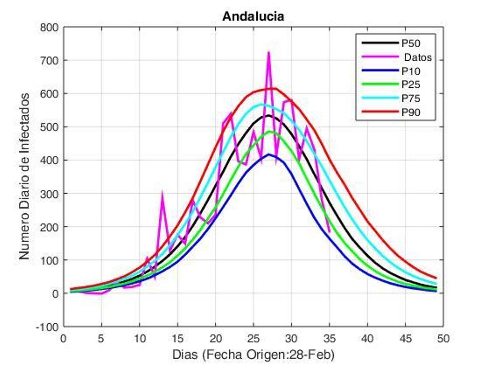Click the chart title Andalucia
[x=253, y=17]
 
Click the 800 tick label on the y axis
[x=50, y=27]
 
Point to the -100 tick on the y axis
[x=48, y=327]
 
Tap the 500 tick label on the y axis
[x=50, y=127]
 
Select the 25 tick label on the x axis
[x=253, y=338]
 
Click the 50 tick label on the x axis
[x=443, y=338]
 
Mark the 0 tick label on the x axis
[x=64, y=338]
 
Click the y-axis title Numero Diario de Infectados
[x=24, y=176]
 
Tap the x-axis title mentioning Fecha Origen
[x=253, y=355]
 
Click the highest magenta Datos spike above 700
[x=269, y=52]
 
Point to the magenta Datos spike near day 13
[x=162, y=192]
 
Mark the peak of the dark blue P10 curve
[x=269, y=154]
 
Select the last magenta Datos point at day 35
[x=330, y=232]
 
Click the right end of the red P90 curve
[x=436, y=278]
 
